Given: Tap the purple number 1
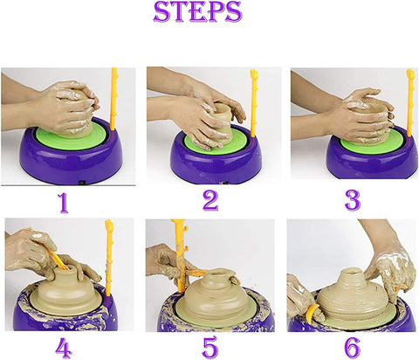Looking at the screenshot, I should coord(62,203).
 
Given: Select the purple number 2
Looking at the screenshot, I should coord(209,201).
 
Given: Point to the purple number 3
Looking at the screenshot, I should coord(352,200).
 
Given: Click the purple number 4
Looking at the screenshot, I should coord(62,347).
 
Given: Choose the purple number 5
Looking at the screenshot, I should coord(209,347).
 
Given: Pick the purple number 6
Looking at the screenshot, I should coord(352,347).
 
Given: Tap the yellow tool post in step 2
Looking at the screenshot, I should coord(254,100).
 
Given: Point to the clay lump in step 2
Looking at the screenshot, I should coord(223,118).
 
